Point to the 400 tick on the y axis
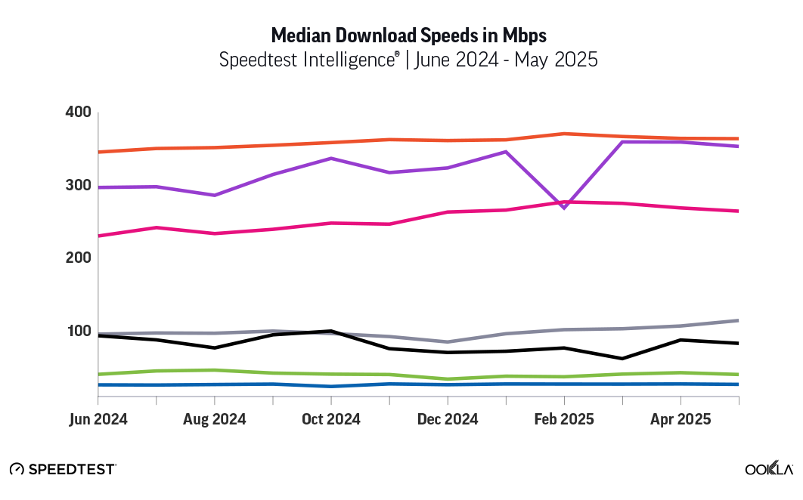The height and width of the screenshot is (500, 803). click(x=78, y=113)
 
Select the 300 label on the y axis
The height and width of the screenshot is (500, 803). click(x=78, y=186)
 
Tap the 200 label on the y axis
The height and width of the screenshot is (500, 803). click(x=78, y=258)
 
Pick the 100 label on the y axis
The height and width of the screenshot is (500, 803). click(x=78, y=332)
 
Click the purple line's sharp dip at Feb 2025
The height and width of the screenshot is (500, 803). click(x=564, y=207)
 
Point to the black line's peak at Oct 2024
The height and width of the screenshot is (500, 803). click(x=331, y=331)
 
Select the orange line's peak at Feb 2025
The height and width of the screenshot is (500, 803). click(x=564, y=134)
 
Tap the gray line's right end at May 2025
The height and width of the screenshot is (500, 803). click(x=738, y=320)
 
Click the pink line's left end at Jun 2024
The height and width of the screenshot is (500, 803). click(x=99, y=236)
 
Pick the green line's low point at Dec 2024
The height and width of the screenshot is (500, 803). click(x=448, y=379)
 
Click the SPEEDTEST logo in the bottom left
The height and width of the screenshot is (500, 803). click(x=63, y=469)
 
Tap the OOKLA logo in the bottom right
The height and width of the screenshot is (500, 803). click(x=769, y=469)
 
